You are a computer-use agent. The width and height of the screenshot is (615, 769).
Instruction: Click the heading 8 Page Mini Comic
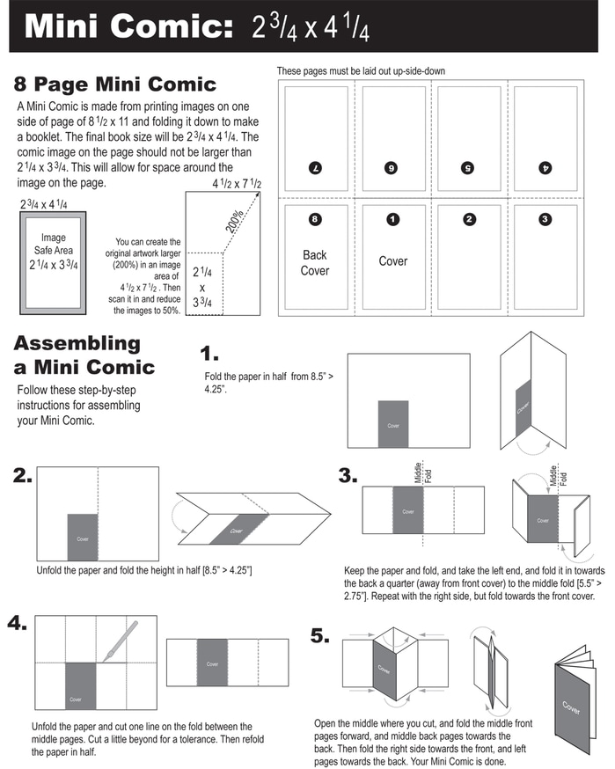click(114, 84)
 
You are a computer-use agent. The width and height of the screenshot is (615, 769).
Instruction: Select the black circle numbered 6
click(392, 166)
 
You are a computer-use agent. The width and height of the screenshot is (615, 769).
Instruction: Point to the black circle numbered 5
click(469, 166)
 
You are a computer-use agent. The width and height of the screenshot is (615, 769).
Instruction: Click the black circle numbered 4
click(545, 166)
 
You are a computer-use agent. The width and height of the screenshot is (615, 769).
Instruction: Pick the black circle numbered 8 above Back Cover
click(315, 219)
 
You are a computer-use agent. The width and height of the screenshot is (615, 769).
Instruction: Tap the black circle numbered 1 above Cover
click(392, 219)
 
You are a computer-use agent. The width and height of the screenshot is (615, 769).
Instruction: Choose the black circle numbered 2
click(469, 219)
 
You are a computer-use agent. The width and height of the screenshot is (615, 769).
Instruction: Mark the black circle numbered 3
click(545, 219)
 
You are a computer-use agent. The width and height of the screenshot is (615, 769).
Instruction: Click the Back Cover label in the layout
click(315, 262)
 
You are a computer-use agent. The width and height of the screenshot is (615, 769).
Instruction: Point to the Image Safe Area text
click(54, 251)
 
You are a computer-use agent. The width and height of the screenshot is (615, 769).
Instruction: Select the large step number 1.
click(209, 355)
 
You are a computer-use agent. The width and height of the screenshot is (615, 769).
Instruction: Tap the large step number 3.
click(348, 476)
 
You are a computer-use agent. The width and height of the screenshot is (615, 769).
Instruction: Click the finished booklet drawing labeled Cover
click(572, 704)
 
